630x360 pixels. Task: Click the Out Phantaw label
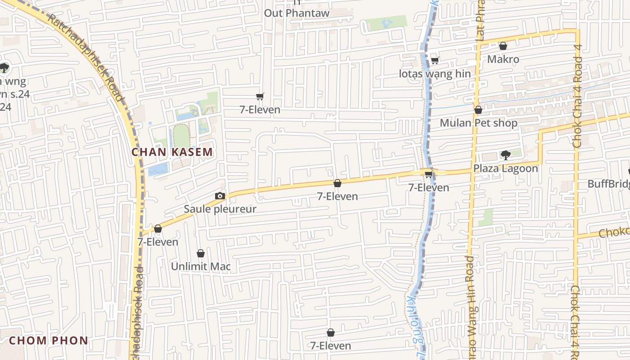click(x=297, y=13)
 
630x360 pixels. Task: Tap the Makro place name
click(x=503, y=59)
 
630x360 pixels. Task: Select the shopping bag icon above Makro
click(x=503, y=46)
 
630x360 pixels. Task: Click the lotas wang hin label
click(x=435, y=74)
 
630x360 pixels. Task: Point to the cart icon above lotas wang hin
click(x=435, y=60)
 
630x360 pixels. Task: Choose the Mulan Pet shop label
click(x=478, y=123)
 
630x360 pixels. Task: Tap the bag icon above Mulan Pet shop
click(x=478, y=110)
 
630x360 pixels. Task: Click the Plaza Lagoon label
click(x=505, y=169)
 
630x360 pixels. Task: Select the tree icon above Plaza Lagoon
click(x=505, y=155)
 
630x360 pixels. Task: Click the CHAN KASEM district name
click(x=172, y=152)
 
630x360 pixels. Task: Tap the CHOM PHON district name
click(x=49, y=341)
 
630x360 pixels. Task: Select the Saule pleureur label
click(x=220, y=209)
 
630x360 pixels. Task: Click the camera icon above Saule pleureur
click(x=220, y=196)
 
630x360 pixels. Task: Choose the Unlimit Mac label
click(x=201, y=266)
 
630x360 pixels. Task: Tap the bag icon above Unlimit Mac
click(x=201, y=254)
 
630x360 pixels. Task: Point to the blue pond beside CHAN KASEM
click(x=158, y=170)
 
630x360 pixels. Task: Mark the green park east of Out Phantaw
click(x=386, y=23)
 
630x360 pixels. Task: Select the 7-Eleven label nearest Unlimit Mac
click(x=158, y=242)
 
